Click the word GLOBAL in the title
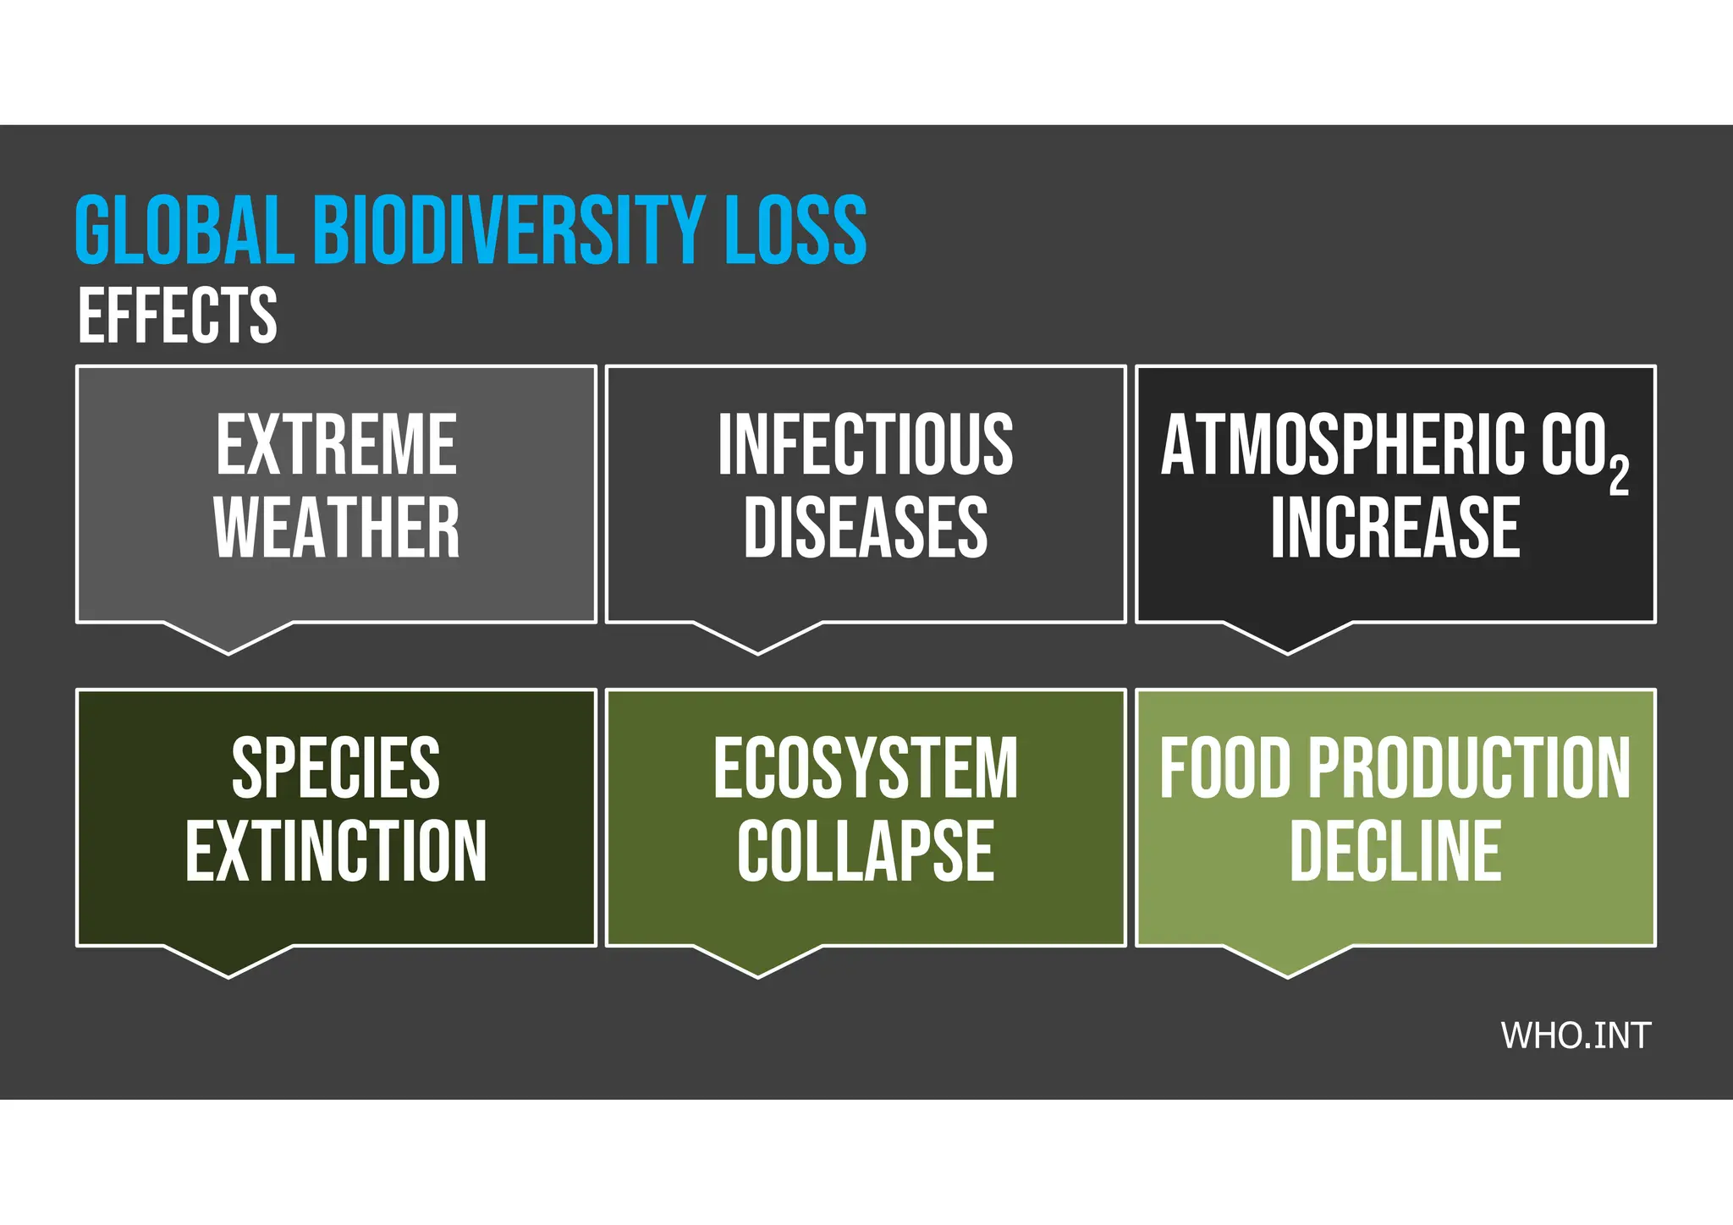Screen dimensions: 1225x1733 click(x=184, y=230)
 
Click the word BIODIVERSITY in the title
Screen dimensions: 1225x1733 click(x=509, y=230)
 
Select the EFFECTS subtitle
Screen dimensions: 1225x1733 click(x=178, y=316)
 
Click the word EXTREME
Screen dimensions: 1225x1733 click(x=336, y=445)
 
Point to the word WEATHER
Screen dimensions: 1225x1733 click(x=336, y=528)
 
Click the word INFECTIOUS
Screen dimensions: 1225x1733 click(x=865, y=445)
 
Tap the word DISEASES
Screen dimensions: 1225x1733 click(x=865, y=528)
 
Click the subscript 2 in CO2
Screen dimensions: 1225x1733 click(x=1618, y=475)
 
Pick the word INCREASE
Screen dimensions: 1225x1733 click(x=1395, y=528)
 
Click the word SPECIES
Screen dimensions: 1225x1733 click(x=336, y=768)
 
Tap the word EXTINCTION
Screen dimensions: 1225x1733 click(x=336, y=851)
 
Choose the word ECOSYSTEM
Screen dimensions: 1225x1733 click(x=865, y=768)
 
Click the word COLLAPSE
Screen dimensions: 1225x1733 click(x=865, y=851)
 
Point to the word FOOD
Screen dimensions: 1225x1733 click(x=1224, y=768)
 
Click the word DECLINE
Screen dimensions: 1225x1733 click(x=1395, y=851)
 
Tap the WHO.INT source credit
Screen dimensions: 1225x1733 click(x=1575, y=1036)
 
